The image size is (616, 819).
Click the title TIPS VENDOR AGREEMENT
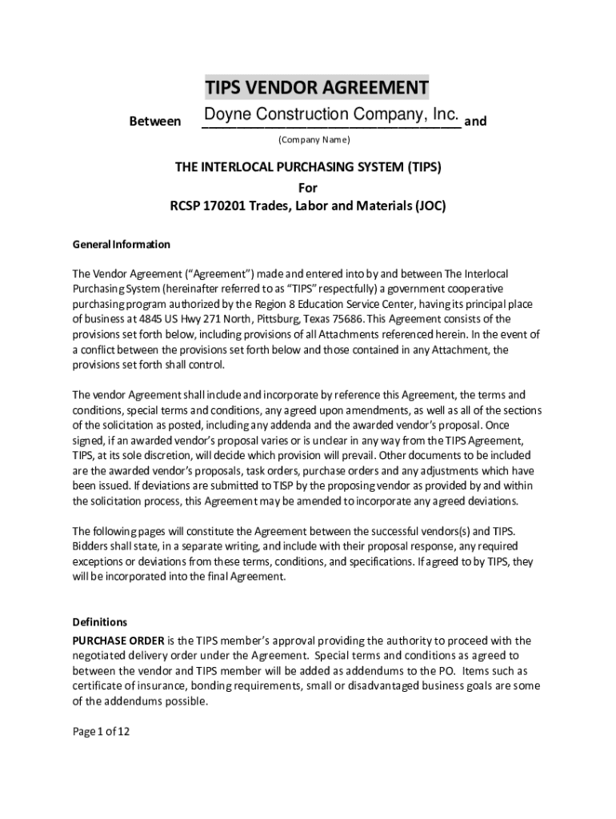point(316,86)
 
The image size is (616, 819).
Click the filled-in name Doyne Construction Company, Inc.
point(330,114)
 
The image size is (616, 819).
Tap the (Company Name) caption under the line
point(314,140)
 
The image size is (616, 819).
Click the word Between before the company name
point(154,122)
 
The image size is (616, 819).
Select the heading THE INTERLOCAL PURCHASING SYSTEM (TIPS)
point(308,168)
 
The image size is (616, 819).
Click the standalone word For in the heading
point(308,188)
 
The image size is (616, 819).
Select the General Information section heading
point(122,244)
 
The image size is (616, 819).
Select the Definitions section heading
point(100,621)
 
